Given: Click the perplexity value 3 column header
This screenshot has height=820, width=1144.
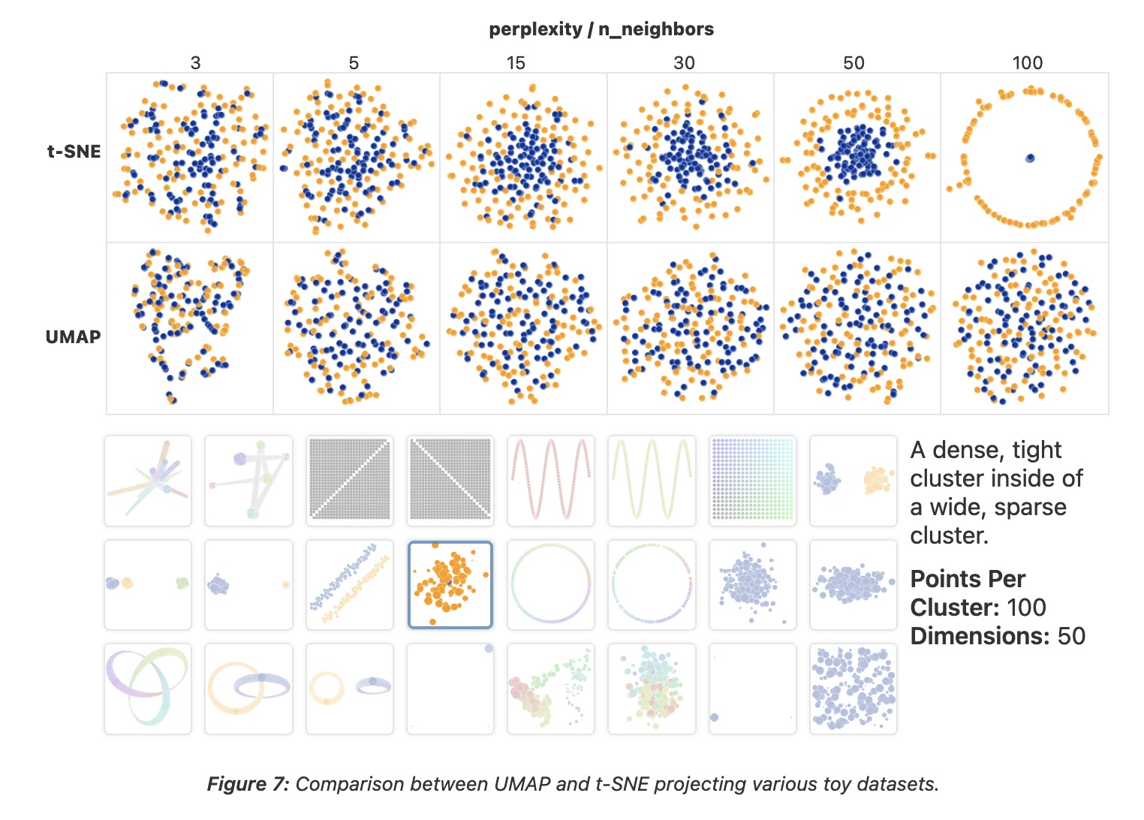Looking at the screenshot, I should point(195,63).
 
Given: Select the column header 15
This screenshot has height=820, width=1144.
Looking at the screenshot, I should point(516,63).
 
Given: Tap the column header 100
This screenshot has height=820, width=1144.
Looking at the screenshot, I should point(1027,63).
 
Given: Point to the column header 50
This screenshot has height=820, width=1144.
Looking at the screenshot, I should point(853,63).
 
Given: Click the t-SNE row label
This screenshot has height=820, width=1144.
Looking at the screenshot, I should point(74,152).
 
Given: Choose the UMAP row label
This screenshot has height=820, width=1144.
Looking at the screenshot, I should point(73,337).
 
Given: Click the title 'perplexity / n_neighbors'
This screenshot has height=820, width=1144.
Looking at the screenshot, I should point(601,29).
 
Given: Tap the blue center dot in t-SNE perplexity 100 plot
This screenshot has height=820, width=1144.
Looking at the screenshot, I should point(1030,158).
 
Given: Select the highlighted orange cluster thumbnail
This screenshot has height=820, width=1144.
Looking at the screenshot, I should point(450,584).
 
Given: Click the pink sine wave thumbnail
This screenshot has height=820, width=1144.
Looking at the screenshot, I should point(551,481).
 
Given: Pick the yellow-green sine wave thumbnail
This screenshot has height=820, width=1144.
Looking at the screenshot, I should point(652,481).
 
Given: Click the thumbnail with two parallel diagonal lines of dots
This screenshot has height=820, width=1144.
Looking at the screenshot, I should point(350,584).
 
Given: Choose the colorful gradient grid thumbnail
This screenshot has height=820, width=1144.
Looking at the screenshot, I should point(752,481).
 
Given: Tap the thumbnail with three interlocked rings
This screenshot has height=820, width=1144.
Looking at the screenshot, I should point(148,688).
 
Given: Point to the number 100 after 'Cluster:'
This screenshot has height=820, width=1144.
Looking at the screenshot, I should point(1026,607).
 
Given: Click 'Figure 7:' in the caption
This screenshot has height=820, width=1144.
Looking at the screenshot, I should point(248,785).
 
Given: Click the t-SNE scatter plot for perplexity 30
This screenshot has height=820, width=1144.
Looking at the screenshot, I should point(691,158).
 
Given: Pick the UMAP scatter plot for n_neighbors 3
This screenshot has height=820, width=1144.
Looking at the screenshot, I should point(190,328).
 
